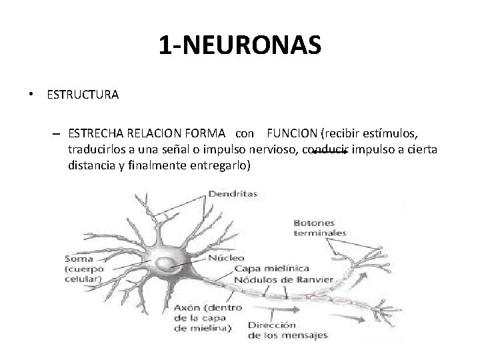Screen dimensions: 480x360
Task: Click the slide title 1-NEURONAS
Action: tap(240, 45)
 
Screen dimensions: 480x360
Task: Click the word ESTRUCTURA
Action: tap(83, 95)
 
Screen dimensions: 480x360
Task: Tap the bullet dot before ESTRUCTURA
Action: tap(31, 95)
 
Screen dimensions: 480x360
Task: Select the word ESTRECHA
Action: tap(93, 133)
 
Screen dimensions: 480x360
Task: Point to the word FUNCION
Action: tap(295, 133)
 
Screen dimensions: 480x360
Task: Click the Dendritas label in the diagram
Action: tap(233, 195)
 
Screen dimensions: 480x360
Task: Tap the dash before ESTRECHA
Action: tap(57, 133)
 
